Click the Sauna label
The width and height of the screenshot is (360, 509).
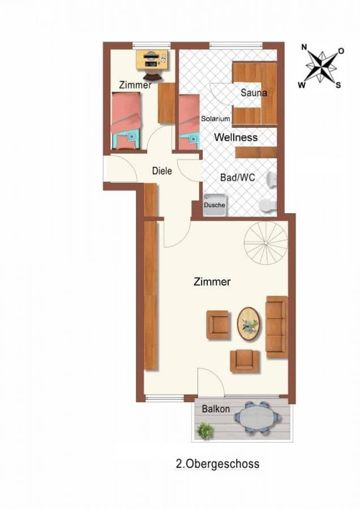[x=254, y=93]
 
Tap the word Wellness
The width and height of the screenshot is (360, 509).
[x=236, y=137]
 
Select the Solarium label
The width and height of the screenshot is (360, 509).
[x=216, y=119]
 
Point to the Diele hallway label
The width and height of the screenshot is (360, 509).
[x=162, y=171]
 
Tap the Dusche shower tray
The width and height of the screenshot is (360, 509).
[x=215, y=205]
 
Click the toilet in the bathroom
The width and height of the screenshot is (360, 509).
[x=268, y=205]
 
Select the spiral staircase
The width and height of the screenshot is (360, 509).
[x=266, y=243]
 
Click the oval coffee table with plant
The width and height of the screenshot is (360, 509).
[x=248, y=323]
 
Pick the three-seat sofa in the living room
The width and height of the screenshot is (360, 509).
[x=276, y=327]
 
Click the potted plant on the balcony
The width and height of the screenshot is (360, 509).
[x=205, y=430]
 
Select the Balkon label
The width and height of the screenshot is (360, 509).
[x=216, y=409]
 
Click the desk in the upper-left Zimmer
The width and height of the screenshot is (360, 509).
[x=152, y=59]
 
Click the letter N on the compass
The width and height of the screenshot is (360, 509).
[x=304, y=48]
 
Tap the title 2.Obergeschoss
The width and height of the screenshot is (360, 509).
[x=217, y=464]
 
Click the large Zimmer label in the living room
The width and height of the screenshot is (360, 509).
[x=212, y=282]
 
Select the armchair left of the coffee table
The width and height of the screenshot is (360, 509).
[x=218, y=325]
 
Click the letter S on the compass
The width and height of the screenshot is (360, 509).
[x=338, y=85]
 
